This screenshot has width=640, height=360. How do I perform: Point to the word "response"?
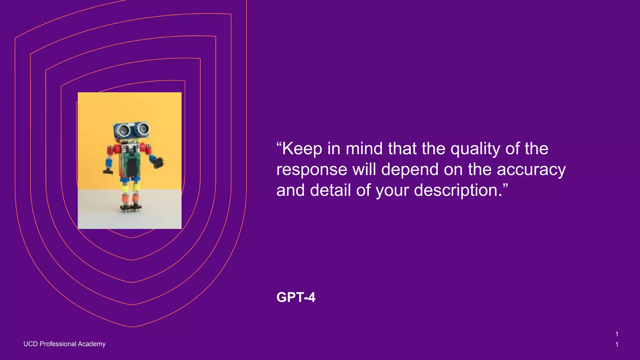pos(312,170)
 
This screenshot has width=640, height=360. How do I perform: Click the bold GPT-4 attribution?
pos(296,297)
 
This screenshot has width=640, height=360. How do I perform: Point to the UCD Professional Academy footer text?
pos(64,344)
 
